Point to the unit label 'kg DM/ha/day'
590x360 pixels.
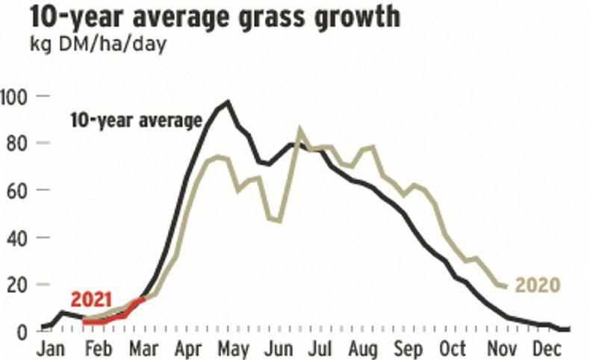click(99, 43)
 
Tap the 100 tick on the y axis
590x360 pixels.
click(16, 96)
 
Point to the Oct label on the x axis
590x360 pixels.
click(452, 350)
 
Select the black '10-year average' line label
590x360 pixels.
click(136, 120)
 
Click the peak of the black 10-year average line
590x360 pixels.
click(228, 102)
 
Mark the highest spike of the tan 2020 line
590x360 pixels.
click(300, 130)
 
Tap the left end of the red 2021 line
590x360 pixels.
click(84, 323)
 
